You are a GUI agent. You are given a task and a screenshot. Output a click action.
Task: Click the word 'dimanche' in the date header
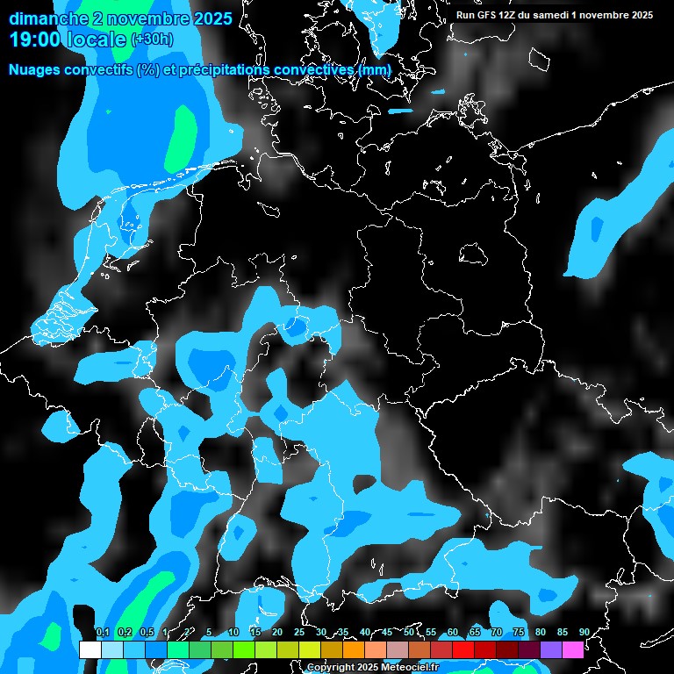coord(49,18)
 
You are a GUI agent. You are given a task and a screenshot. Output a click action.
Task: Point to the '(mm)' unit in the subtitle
coord(375,70)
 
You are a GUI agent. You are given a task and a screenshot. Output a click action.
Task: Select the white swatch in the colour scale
coord(90,650)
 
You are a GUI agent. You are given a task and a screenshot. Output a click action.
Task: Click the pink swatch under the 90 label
coord(573,650)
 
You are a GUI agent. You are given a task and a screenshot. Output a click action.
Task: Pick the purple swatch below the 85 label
coord(551,650)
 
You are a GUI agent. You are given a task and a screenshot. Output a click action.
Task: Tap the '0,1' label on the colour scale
coord(103,633)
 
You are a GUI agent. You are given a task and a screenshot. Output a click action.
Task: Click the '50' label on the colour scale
coord(409,633)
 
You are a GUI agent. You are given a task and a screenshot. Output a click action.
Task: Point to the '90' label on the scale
coord(584,633)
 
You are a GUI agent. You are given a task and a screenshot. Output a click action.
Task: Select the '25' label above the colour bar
coord(299,633)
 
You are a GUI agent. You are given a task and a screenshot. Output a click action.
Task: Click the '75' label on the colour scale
coord(519,633)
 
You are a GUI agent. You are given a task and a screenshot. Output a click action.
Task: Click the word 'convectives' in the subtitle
coord(314,70)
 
